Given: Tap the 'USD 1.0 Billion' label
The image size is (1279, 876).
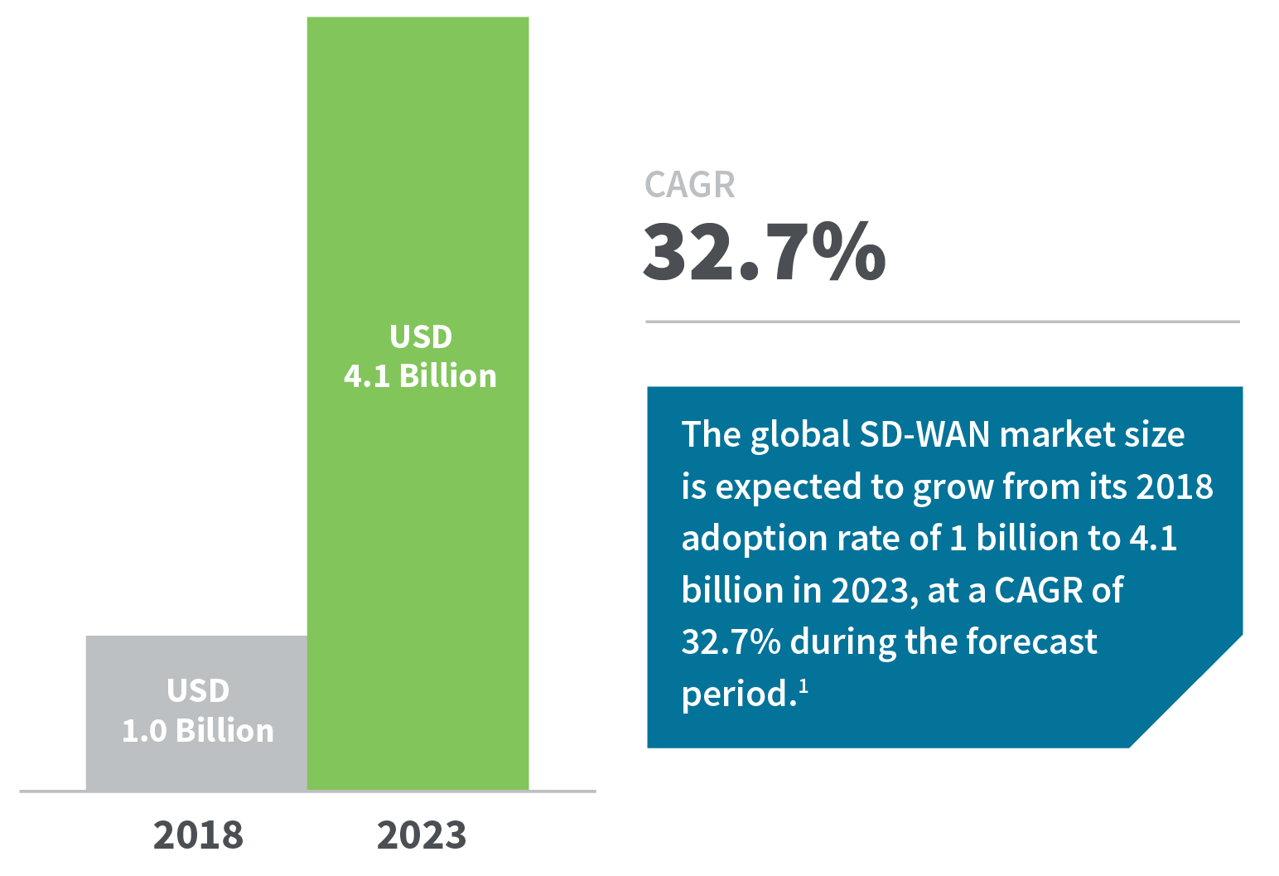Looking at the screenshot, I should point(198,711).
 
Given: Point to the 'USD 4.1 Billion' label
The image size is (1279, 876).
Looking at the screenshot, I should point(420,356).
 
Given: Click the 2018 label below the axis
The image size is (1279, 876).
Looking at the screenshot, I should point(198,835).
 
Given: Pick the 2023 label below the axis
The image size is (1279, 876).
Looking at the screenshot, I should point(421,835).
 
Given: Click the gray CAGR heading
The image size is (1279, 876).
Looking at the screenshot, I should point(689,185).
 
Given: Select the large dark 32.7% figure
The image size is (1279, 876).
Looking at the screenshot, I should point(764,251).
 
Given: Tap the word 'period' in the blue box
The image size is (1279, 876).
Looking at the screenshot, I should point(733,695).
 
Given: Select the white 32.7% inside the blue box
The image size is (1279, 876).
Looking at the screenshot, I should point(730,641).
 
